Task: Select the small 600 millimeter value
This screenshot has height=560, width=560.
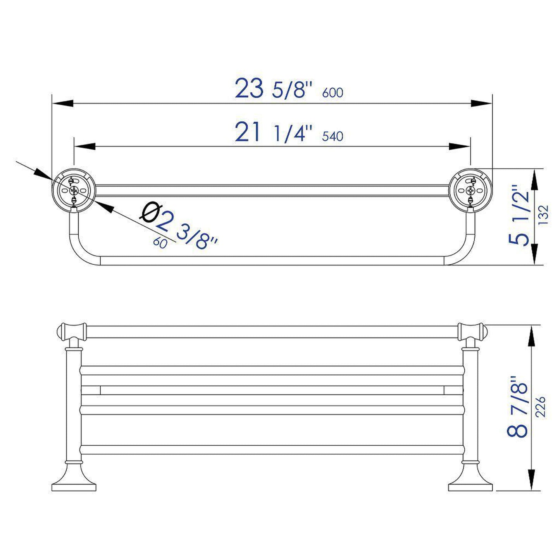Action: pos(333,93)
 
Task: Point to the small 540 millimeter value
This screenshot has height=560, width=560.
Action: pos(333,136)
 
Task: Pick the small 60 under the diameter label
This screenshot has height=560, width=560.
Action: pos(160,243)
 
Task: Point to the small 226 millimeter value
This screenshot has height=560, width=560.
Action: pos(541,406)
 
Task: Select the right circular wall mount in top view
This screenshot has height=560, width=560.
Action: pos(470,190)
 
